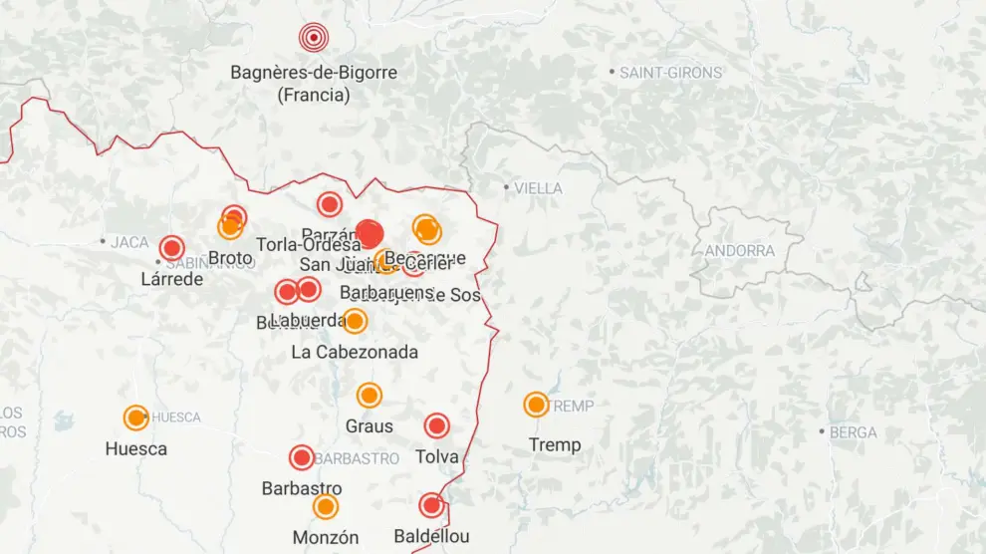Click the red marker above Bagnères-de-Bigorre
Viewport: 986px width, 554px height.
point(314,39)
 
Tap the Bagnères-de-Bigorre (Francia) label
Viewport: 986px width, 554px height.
point(314,84)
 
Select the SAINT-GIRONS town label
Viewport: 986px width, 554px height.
point(670,73)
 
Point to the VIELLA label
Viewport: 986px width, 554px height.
point(538,188)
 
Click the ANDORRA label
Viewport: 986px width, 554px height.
point(740,251)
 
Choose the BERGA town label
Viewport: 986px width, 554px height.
point(854,432)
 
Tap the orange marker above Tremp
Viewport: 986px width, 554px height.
point(537,405)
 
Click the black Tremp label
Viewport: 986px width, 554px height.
point(555,444)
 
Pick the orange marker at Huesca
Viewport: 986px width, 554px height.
point(136,417)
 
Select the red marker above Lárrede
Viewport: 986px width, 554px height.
point(172,248)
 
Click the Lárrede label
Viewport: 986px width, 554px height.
point(172,279)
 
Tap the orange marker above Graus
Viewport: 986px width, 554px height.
point(370,396)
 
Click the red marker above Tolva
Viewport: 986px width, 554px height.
point(436,426)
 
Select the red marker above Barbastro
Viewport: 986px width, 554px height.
point(302,457)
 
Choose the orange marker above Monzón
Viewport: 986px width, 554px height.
point(326,507)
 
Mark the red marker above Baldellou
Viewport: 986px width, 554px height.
point(431,505)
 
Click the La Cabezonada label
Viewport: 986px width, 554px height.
point(355,352)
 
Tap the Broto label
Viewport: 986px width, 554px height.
point(230,259)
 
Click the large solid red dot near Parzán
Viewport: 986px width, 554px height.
point(370,234)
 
